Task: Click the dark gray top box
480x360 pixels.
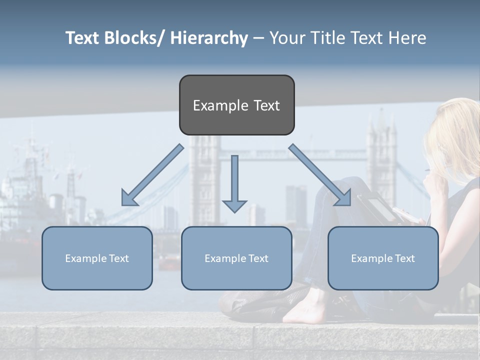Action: coord(236,105)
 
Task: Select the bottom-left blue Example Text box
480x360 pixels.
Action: coord(97,258)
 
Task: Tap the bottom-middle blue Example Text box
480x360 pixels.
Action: coord(236,258)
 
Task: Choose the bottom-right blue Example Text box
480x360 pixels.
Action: coord(383,258)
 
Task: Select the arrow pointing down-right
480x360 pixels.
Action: coord(320,175)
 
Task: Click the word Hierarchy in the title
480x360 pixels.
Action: coord(209,38)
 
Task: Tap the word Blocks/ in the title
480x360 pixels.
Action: coord(135,38)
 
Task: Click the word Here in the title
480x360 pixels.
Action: coord(407,38)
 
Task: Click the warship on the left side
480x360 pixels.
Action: coord(25,200)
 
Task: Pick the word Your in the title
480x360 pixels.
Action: coord(287,38)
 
